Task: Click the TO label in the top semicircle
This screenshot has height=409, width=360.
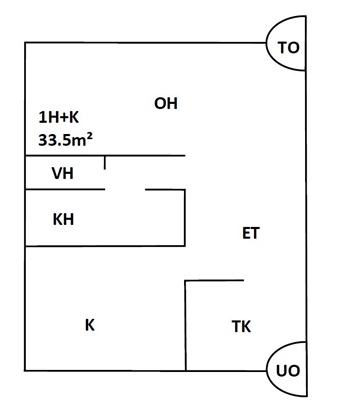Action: tap(289, 48)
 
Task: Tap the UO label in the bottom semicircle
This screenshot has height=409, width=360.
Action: tap(288, 371)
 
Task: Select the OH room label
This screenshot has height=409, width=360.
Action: tap(166, 104)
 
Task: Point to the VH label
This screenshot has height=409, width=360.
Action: tap(63, 174)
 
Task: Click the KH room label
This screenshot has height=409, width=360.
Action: tap(63, 220)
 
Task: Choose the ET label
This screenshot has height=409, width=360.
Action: tap(251, 233)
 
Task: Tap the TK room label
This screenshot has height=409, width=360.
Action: tap(241, 327)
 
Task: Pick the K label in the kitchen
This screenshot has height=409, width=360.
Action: tap(90, 325)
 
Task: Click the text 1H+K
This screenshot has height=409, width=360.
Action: tap(59, 118)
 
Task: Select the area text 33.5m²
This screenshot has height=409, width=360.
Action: tap(65, 140)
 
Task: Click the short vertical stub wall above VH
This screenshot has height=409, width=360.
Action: tap(105, 162)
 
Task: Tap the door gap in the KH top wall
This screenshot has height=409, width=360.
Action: tap(125, 190)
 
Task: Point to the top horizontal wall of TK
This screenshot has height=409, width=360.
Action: tap(214, 281)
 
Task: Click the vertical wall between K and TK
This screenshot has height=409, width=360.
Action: tap(186, 326)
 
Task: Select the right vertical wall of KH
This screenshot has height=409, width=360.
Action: tap(185, 218)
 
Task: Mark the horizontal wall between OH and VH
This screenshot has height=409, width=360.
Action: tap(105, 155)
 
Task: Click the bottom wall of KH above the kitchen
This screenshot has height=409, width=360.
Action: tap(105, 246)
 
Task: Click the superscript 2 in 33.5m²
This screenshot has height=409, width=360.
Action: tap(90, 137)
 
